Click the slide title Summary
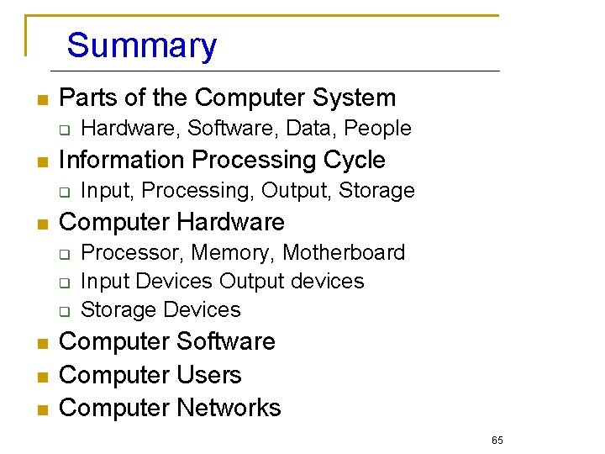(141, 45)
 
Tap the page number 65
(497, 441)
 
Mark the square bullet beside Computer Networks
(40, 409)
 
